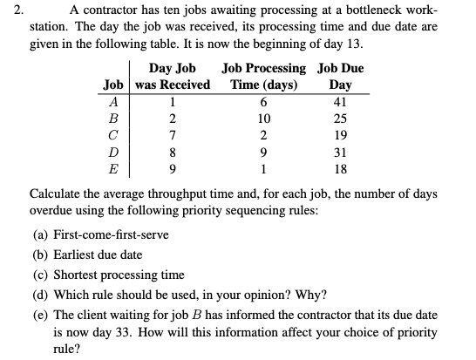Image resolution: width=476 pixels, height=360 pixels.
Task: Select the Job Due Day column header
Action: point(341,76)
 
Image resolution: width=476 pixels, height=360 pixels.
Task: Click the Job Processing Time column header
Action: point(265,76)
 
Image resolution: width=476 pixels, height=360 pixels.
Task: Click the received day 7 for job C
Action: point(173,133)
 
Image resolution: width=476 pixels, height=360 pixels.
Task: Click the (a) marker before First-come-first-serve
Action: point(37,234)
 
